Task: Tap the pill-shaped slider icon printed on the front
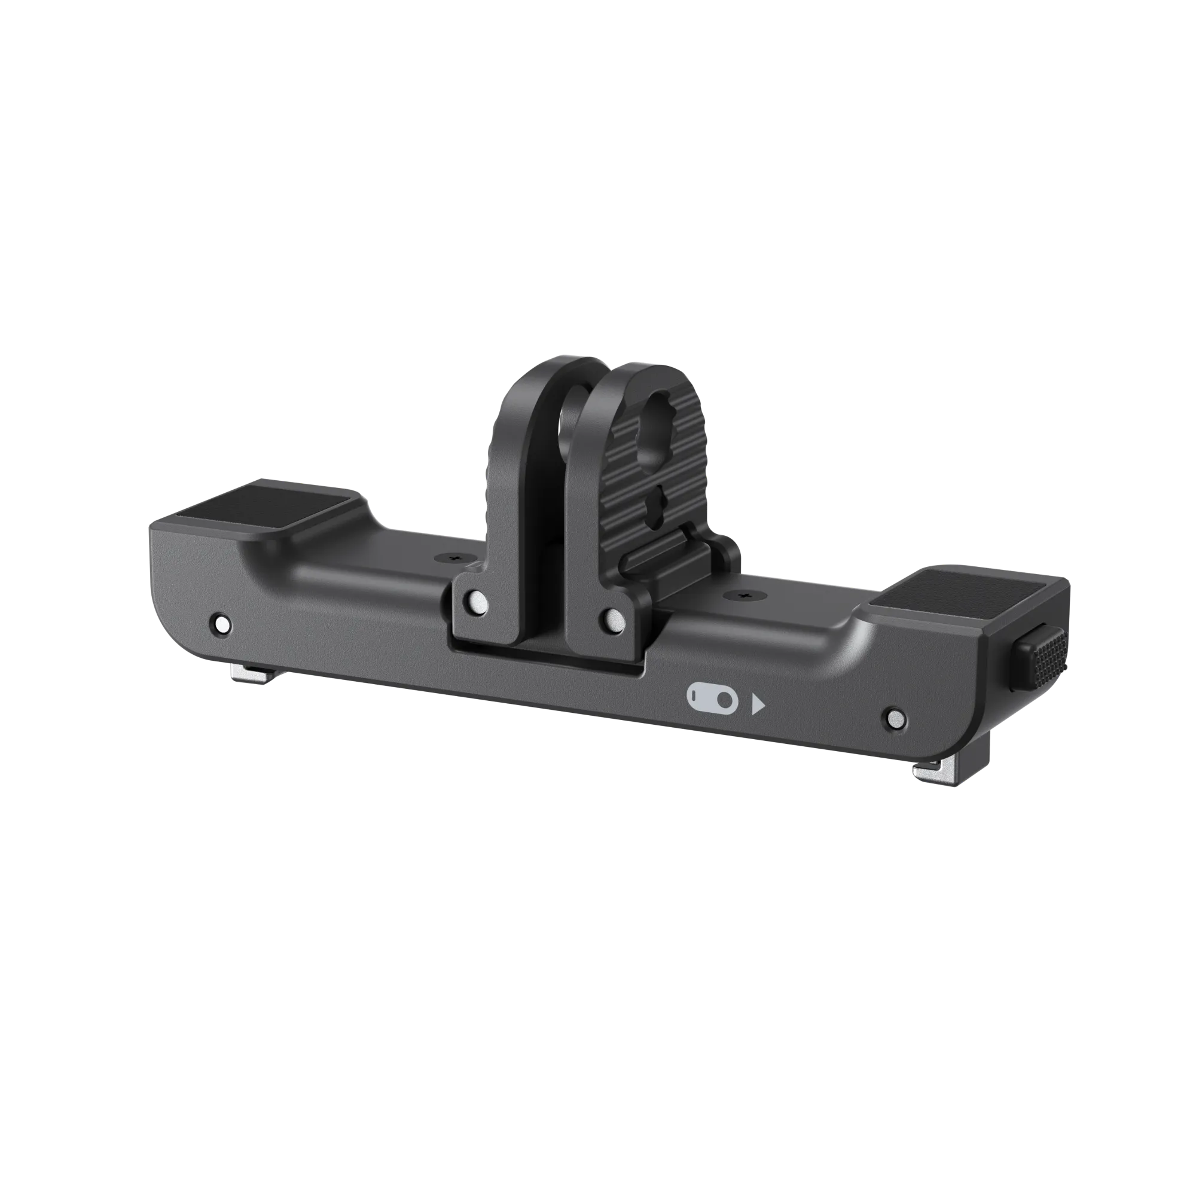[712, 698]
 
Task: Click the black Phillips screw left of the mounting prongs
[458, 559]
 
